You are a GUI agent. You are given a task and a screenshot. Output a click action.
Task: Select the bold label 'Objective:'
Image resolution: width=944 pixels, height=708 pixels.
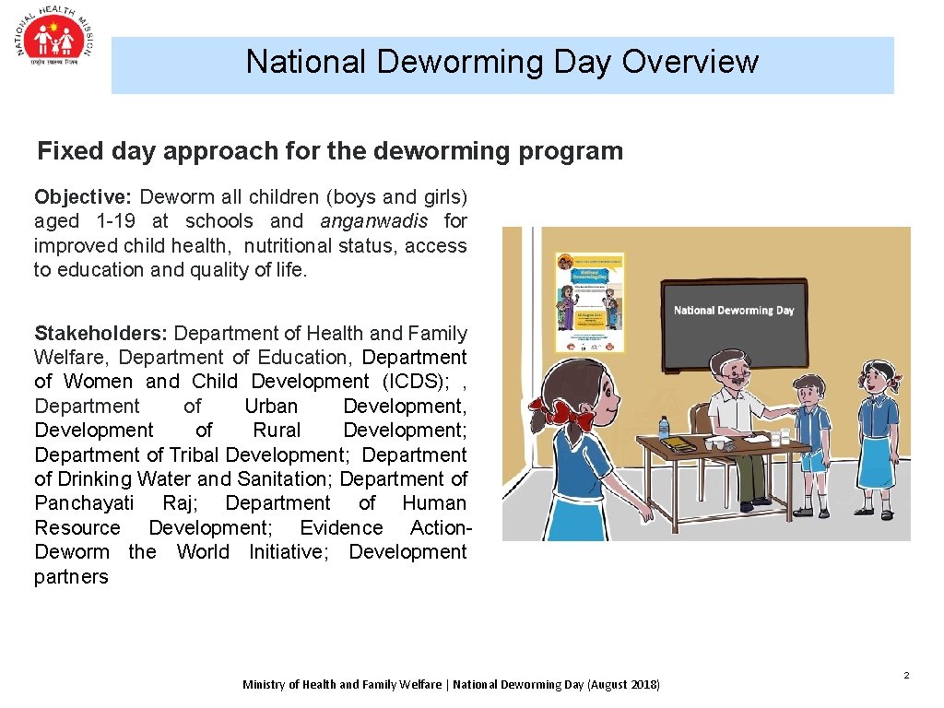84,196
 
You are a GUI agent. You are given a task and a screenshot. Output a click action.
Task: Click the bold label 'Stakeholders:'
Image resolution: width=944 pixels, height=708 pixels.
101,333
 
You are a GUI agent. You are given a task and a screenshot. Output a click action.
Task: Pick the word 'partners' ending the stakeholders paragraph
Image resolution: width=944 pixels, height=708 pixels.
71,577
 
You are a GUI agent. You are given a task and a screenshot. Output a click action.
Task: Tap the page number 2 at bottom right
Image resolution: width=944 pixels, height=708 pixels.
906,676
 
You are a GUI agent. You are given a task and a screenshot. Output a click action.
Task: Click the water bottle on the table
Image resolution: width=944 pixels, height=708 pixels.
664,428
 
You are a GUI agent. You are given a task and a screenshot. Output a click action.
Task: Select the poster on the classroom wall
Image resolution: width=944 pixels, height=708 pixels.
589,302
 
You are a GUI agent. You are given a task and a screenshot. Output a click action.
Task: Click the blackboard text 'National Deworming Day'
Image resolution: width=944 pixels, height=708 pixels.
734,311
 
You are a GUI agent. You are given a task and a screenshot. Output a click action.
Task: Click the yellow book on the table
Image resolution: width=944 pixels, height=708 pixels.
679,443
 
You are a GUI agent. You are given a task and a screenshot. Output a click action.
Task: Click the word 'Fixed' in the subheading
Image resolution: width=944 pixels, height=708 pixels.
67,151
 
